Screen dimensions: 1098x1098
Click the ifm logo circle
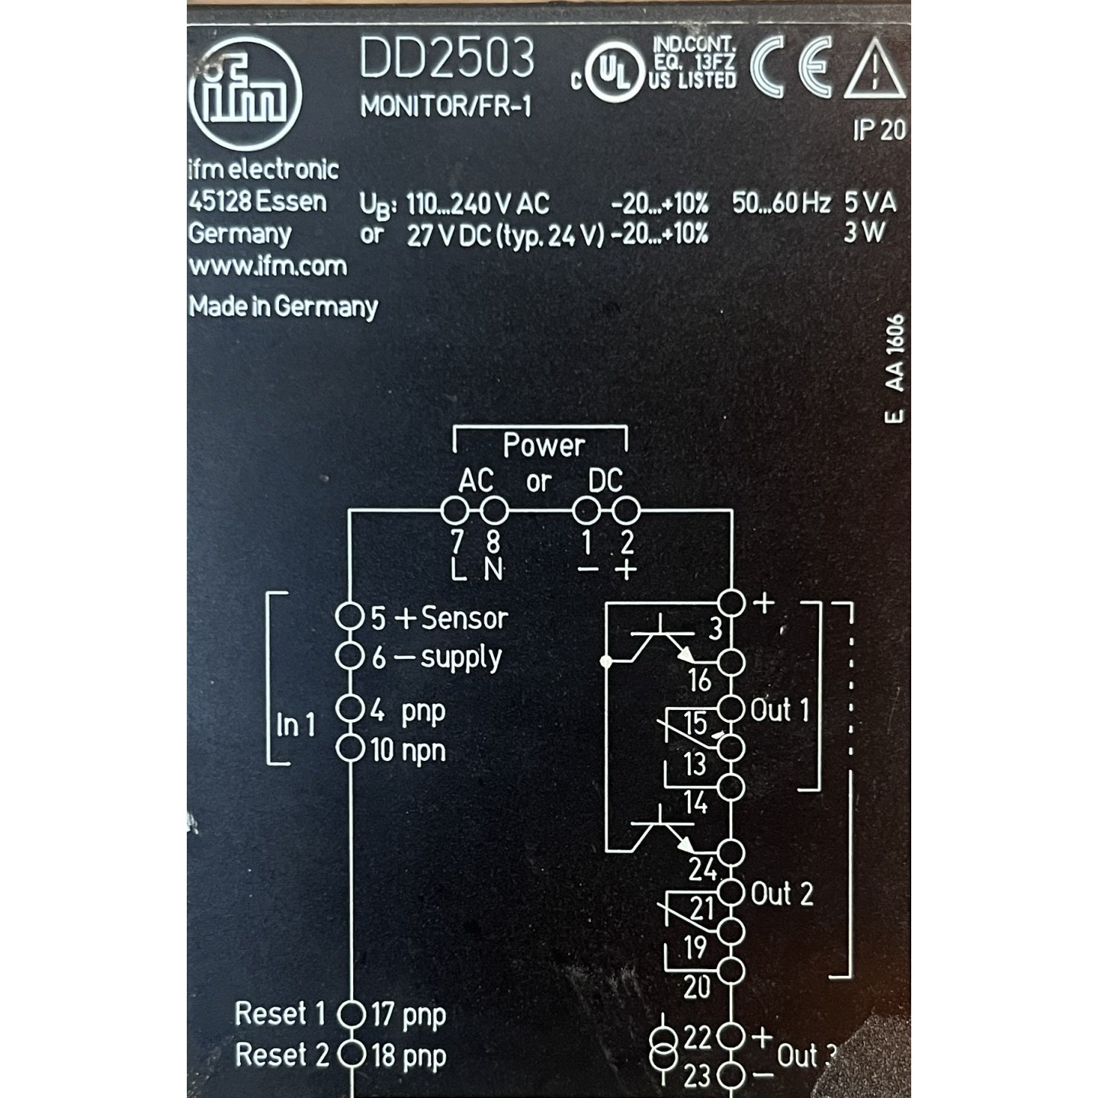(x=245, y=93)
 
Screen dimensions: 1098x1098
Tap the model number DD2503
(x=447, y=59)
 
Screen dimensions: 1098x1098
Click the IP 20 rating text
(x=879, y=130)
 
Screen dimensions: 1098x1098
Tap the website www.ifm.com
(x=268, y=266)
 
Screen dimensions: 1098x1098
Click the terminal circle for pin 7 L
(x=455, y=510)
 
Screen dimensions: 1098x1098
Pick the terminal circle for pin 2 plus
(x=627, y=510)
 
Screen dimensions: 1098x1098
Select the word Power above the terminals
(x=543, y=445)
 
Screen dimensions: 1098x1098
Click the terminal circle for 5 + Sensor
(x=348, y=616)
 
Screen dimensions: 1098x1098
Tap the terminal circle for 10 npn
(x=349, y=748)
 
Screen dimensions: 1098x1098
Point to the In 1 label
(x=296, y=724)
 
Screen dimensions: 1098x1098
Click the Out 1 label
(x=779, y=711)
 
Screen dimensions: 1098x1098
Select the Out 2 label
(x=782, y=894)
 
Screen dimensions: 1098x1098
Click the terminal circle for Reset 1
(x=352, y=1014)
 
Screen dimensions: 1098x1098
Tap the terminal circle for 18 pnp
(x=352, y=1055)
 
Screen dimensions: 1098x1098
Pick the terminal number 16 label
(x=699, y=680)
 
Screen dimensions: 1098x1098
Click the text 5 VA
(x=870, y=203)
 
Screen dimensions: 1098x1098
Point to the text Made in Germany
(x=283, y=307)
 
